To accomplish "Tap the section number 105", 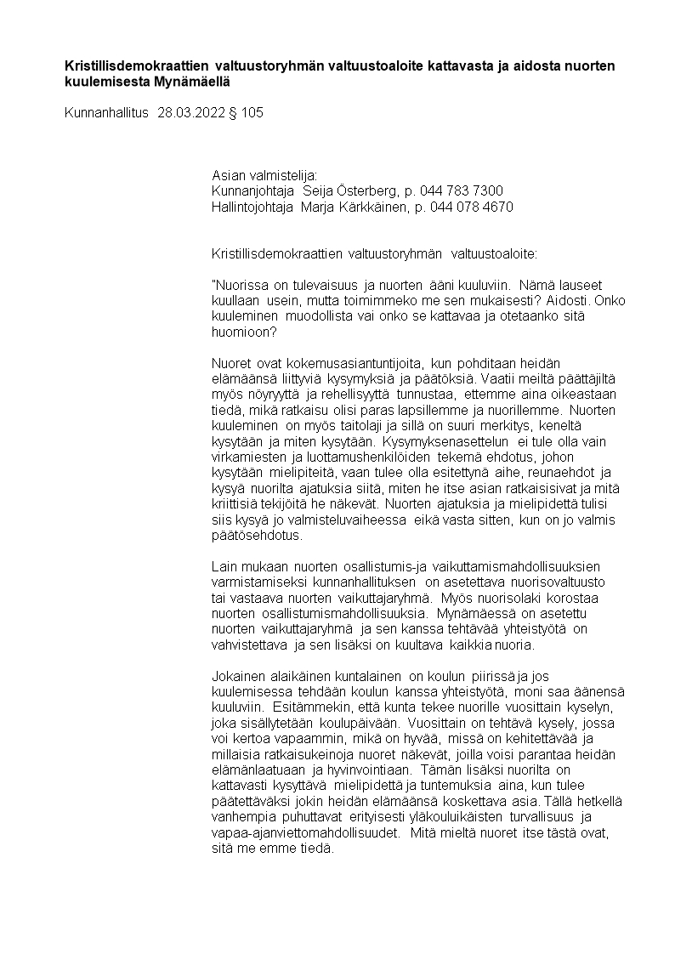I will click(x=252, y=111).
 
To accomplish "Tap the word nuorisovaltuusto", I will click(x=555, y=582).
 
